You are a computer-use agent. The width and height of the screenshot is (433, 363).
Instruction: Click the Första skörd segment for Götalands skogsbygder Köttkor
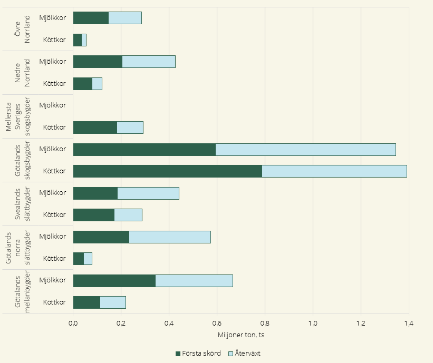click(167, 171)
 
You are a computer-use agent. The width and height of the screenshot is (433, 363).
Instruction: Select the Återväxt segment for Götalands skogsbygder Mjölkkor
click(305, 149)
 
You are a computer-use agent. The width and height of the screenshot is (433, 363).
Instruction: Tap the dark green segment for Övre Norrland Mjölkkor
click(91, 18)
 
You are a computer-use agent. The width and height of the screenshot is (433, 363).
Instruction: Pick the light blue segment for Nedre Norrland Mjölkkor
click(149, 62)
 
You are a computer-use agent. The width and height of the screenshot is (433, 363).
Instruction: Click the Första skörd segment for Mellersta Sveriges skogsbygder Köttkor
click(95, 127)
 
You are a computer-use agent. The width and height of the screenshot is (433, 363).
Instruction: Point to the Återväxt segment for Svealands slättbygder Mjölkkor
click(148, 193)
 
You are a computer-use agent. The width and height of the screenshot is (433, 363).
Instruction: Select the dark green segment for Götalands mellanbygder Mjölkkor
click(114, 281)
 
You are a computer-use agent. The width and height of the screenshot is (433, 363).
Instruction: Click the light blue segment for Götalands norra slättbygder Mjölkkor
click(170, 237)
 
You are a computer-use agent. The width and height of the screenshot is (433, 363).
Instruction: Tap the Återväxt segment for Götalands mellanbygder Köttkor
click(113, 302)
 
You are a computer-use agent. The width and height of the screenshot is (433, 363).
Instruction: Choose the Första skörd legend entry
click(195, 353)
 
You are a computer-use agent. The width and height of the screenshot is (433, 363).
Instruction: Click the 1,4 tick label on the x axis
click(409, 323)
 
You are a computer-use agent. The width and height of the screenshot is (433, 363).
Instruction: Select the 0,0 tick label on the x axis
click(73, 323)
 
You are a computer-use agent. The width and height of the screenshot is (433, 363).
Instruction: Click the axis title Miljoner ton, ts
click(240, 335)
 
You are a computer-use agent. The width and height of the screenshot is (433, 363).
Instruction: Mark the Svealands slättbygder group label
click(23, 204)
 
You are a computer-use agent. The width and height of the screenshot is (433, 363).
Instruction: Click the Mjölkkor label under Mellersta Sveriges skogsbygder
click(53, 105)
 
